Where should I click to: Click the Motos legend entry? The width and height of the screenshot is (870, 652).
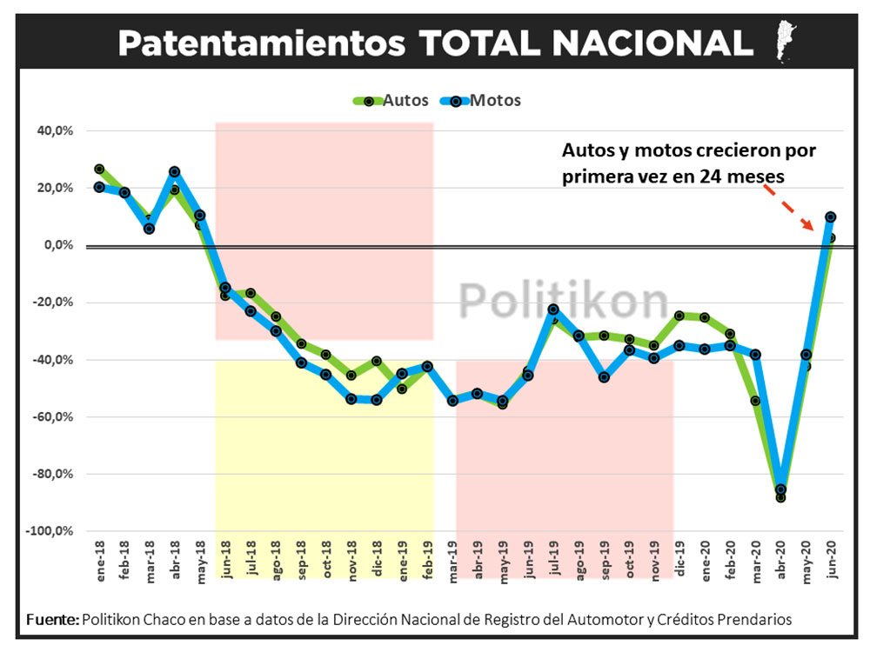(484, 100)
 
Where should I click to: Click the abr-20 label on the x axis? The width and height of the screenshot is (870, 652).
(781, 555)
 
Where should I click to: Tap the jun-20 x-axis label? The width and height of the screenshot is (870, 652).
(831, 555)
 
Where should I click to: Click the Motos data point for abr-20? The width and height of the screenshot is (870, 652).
(781, 489)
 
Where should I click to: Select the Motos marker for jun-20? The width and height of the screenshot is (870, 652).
(831, 216)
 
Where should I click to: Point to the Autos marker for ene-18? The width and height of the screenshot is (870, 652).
(99, 169)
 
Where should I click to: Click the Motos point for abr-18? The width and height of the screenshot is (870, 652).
(175, 172)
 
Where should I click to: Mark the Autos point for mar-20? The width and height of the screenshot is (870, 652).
(755, 401)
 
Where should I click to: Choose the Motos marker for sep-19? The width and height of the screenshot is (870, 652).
(604, 377)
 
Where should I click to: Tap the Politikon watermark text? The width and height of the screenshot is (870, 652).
(563, 300)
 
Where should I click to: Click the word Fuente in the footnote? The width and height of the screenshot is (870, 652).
(51, 620)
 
